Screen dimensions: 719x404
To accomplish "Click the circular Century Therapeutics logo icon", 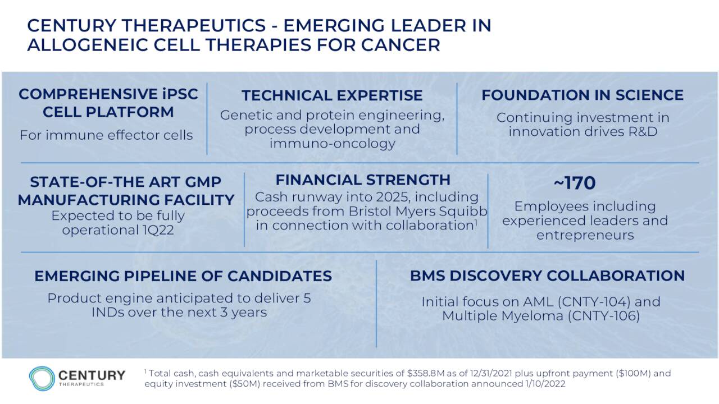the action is point(42,378).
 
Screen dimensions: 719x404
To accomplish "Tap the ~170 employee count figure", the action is point(575,183).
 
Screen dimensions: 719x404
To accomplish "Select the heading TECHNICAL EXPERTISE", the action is point(332,95).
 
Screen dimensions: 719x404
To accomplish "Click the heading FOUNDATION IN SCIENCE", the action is point(583,95).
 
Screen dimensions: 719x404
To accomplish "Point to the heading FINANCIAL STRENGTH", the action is point(363,180).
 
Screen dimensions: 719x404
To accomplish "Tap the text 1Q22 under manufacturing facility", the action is point(158,230).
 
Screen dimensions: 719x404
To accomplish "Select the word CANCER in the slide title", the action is point(401,44).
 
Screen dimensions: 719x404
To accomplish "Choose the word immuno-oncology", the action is point(332,143).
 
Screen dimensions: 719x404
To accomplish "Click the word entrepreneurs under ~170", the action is point(585,235).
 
